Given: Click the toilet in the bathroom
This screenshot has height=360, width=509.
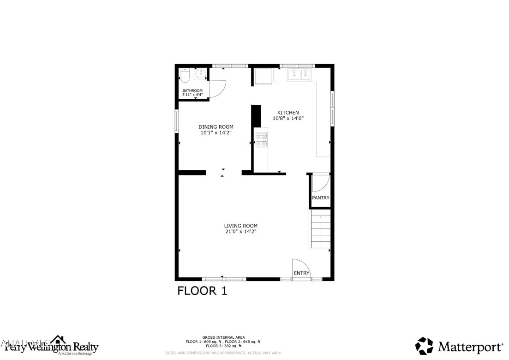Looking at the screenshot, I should click(x=185, y=75).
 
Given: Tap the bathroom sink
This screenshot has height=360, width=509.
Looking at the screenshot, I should click(x=200, y=74).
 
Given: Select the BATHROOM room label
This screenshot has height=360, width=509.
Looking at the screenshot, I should click(x=192, y=90).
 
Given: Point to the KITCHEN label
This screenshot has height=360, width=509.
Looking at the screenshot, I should click(x=288, y=113).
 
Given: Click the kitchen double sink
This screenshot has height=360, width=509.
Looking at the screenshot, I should click(x=299, y=74).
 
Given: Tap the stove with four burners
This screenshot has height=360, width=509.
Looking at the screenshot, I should click(x=262, y=139).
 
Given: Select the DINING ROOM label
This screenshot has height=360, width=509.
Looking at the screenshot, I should click(x=216, y=127).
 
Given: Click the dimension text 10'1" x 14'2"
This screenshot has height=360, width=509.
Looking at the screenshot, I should click(x=216, y=133).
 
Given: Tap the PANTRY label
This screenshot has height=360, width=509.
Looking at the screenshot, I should click(x=321, y=198).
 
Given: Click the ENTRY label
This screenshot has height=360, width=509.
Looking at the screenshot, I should click(x=301, y=273).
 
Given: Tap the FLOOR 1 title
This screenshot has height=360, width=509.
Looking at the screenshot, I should click(x=203, y=291).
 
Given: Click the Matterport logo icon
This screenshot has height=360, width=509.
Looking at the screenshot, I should click(x=424, y=346).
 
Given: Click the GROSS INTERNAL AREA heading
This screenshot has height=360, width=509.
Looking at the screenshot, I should click(x=223, y=337).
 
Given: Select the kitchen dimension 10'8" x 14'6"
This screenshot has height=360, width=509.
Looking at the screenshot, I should click(x=288, y=119).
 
